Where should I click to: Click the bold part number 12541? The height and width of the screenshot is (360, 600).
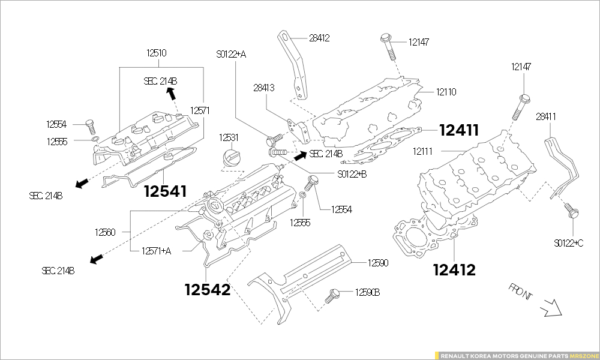coord(165,191)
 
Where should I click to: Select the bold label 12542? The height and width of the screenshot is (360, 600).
coord(207,290)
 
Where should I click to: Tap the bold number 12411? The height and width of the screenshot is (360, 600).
coord(459,130)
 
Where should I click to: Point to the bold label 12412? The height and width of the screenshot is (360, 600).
coord(454,271)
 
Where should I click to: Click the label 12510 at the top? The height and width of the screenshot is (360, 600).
coord(156,53)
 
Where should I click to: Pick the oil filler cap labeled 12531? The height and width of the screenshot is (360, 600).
coord(231,160)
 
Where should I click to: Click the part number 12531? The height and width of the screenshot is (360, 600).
coord(229,137)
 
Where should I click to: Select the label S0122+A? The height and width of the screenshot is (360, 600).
coord(231,54)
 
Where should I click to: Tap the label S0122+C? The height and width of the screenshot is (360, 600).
coord(568,243)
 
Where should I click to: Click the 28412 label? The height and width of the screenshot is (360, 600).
coord(319,38)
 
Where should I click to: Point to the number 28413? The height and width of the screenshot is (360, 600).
coord(263,88)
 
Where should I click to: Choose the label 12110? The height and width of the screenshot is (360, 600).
coord(446,92)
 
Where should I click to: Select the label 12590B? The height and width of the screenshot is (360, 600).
coord(367,292)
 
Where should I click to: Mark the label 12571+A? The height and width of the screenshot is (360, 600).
coord(156,251)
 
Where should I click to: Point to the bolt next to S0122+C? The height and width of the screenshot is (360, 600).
coord(572,211)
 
